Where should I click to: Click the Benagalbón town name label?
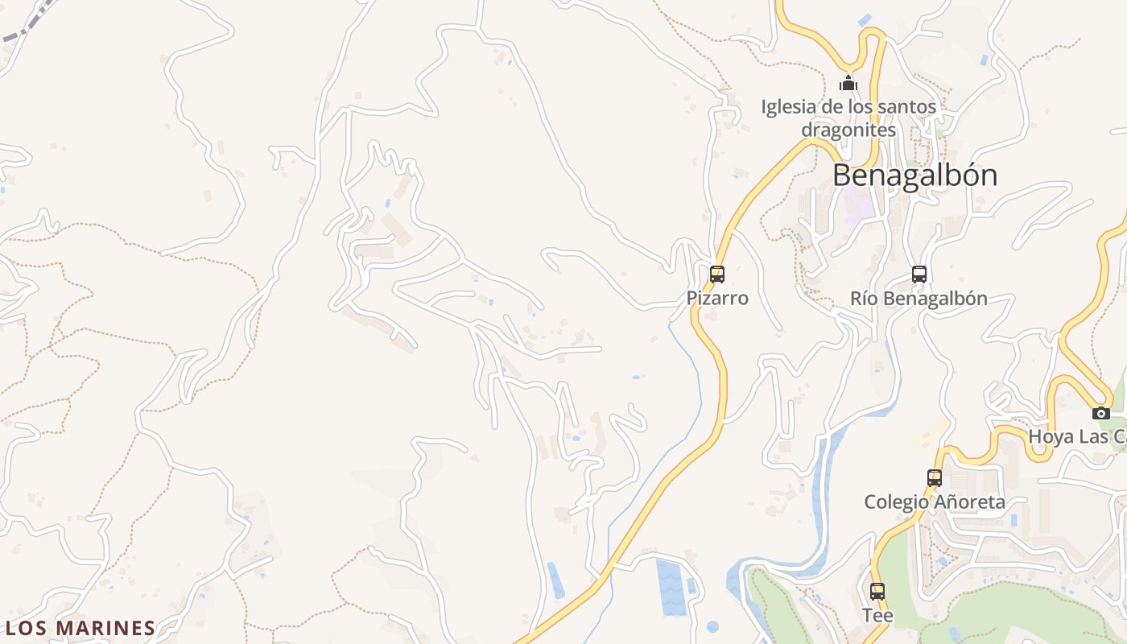pyautogui.click(x=914, y=175)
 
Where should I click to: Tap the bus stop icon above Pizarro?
pyautogui.click(x=717, y=274)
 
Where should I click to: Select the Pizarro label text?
pyautogui.click(x=717, y=298)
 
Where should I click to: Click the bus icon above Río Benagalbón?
pyautogui.click(x=919, y=274)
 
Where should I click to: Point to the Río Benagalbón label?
pyautogui.click(x=919, y=298)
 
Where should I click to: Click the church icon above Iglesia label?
pyautogui.click(x=848, y=83)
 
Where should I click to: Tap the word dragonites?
pyautogui.click(x=848, y=130)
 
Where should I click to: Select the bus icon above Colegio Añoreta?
pyautogui.click(x=935, y=477)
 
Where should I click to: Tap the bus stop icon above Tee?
pyautogui.click(x=877, y=592)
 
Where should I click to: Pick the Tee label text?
pyautogui.click(x=877, y=616)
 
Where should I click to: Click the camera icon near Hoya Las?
pyautogui.click(x=1101, y=413)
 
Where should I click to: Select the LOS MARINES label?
pyautogui.click(x=80, y=628)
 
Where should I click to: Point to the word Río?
pyautogui.click(x=865, y=298)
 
